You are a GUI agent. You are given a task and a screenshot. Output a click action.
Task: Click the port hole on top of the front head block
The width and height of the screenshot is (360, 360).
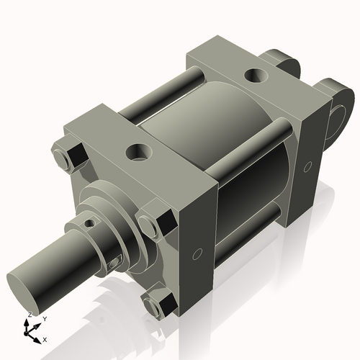[x=136, y=152]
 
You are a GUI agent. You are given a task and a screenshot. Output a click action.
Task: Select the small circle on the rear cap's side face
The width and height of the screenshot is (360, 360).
[x=307, y=166]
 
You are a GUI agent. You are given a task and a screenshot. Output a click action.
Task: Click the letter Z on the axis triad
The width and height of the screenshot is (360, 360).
[x=29, y=315]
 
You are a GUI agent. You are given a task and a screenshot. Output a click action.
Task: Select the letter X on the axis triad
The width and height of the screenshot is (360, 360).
[x=45, y=338]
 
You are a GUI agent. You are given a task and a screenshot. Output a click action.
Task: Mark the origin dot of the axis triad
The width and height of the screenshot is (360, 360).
[x=30, y=332]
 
